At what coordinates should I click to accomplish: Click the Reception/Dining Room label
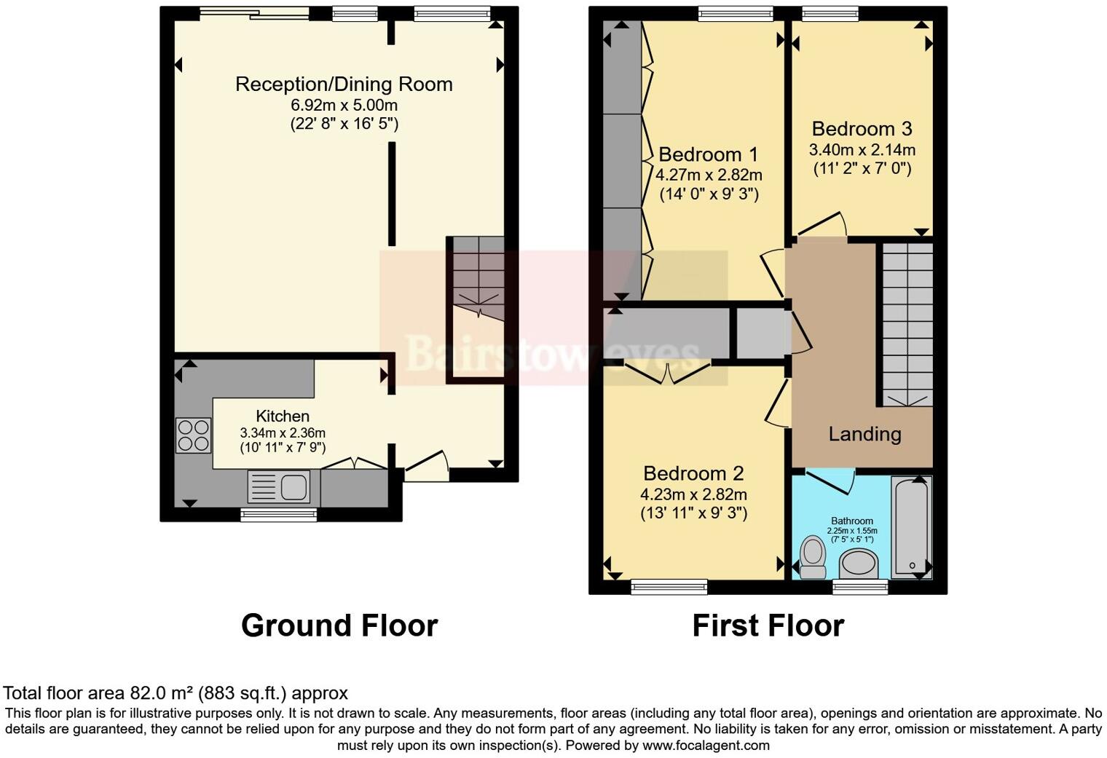pyautogui.click(x=344, y=84)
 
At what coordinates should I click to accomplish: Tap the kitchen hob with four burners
pyautogui.click(x=194, y=435)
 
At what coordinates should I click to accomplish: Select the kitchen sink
pyautogui.click(x=279, y=486)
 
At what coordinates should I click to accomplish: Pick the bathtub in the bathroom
pyautogui.click(x=912, y=526)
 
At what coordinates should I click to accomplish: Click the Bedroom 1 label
pyautogui.click(x=708, y=154)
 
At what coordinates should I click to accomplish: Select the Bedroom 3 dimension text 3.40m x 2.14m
pyautogui.click(x=862, y=150)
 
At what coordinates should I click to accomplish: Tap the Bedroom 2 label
pyautogui.click(x=693, y=473)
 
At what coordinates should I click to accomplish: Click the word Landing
pyautogui.click(x=864, y=434)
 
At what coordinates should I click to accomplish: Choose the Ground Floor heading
pyautogui.click(x=339, y=625)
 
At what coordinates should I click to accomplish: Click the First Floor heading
pyautogui.click(x=768, y=625)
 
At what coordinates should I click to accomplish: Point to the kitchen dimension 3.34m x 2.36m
pyautogui.click(x=283, y=433)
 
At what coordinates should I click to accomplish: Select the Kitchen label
pyautogui.click(x=283, y=416)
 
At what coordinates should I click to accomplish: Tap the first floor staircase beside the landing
pyautogui.click(x=907, y=324)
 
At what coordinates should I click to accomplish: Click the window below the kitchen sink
pyautogui.click(x=279, y=515)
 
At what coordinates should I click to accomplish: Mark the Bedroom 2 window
pyautogui.click(x=669, y=586)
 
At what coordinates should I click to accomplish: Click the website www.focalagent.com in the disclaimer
pyautogui.click(x=706, y=745)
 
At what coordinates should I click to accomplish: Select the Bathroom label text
pyautogui.click(x=852, y=521)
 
